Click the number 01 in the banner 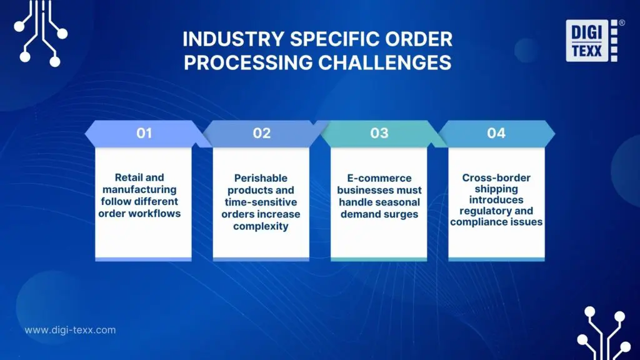pyautogui.click(x=144, y=133)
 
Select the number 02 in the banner pyautogui.click(x=261, y=133)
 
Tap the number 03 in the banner pyautogui.click(x=379, y=133)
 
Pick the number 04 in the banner pyautogui.click(x=496, y=133)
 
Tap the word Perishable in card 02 pyautogui.click(x=261, y=178)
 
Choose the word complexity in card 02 pyautogui.click(x=261, y=226)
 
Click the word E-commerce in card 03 pyautogui.click(x=379, y=178)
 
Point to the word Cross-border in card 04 pyautogui.click(x=496, y=177)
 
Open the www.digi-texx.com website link pyautogui.click(x=70, y=330)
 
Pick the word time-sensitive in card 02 pyautogui.click(x=261, y=202)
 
